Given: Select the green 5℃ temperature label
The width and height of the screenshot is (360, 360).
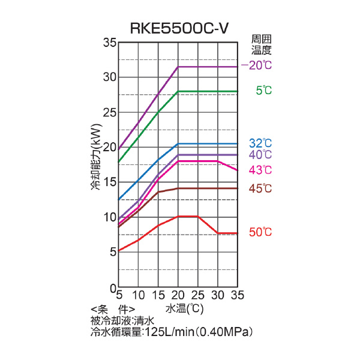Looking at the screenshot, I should (x=263, y=91).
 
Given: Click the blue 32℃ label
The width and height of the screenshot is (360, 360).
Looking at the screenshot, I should (x=260, y=143).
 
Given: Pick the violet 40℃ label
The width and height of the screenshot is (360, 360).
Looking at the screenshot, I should (x=260, y=155).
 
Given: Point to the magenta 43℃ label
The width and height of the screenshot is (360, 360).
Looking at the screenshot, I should (x=260, y=170).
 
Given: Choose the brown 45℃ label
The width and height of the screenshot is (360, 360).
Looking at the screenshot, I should (x=260, y=188).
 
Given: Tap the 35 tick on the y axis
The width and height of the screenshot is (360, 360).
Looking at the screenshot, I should (x=109, y=43).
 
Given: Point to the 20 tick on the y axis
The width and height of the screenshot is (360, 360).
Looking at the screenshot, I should (x=109, y=147).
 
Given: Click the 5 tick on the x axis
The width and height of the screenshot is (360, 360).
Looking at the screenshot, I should (x=119, y=295).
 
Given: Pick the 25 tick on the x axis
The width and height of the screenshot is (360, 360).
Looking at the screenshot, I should (x=198, y=295).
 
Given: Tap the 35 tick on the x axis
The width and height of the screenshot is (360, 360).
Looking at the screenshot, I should (x=238, y=295).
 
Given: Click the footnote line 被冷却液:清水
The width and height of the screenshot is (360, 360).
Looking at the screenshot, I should (x=120, y=320).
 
